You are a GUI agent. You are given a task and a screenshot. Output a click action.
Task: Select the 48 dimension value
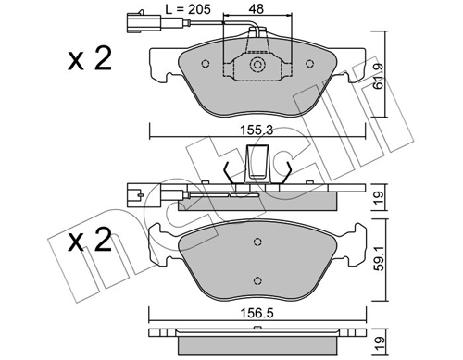pos(257,12)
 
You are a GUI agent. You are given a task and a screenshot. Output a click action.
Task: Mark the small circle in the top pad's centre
pos(257,65)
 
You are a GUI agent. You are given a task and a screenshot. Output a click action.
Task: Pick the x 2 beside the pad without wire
pos(91,242)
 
